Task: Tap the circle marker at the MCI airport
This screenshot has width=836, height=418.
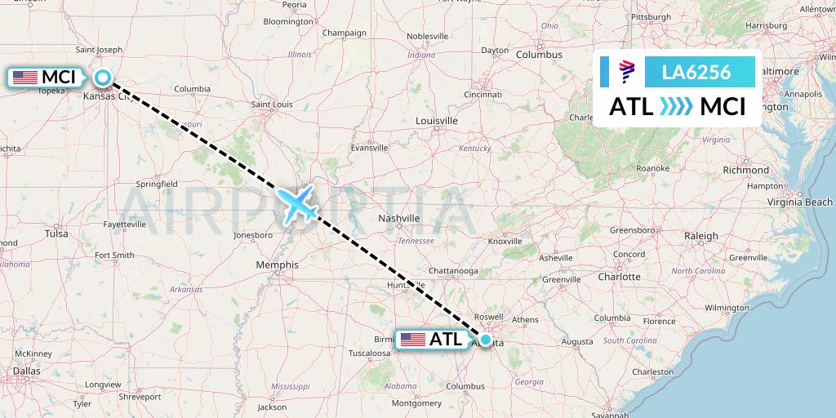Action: (103, 78)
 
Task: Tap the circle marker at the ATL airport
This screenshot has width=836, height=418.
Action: (486, 340)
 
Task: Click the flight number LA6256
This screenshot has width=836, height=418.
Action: (696, 72)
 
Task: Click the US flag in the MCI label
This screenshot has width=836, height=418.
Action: (25, 78)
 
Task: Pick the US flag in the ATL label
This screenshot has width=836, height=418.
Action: (413, 340)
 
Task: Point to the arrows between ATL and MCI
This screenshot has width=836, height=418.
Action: (675, 106)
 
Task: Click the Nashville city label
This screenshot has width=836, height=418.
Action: (399, 218)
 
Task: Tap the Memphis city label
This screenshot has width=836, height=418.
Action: (277, 265)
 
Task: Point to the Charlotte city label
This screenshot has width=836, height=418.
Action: (619, 276)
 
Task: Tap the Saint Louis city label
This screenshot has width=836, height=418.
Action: (272, 104)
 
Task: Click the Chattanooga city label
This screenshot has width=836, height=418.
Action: (453, 270)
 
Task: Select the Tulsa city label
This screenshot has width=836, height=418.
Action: (56, 233)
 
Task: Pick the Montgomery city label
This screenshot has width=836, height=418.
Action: (416, 402)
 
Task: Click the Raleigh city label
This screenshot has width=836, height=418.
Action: (701, 236)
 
